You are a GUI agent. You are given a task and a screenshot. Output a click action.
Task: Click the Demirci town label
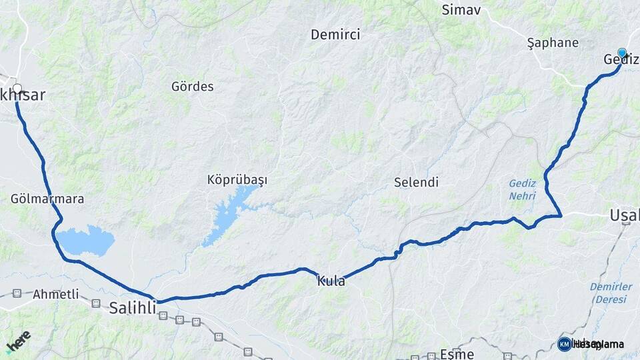[x=335, y=35]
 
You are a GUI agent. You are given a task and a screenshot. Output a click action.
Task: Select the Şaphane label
[x=553, y=43]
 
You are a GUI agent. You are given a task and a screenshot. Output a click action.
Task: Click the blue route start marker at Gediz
[x=622, y=53]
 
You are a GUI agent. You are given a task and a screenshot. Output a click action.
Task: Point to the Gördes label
[x=193, y=86]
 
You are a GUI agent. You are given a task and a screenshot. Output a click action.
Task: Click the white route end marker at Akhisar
[x=17, y=88]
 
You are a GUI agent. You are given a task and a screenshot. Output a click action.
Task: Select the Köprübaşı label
[x=237, y=180]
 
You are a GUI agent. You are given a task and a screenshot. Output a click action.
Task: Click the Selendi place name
[x=416, y=182]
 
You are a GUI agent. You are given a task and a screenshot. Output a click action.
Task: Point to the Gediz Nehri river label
[x=522, y=189]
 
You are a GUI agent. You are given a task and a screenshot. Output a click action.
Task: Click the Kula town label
[x=331, y=281]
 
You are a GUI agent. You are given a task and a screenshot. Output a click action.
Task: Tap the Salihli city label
[x=133, y=307]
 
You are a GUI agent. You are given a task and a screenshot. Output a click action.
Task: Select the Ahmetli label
[x=55, y=293]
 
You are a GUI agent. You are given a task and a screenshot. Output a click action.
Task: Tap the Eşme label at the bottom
[x=457, y=354]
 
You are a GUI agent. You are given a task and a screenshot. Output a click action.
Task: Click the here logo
[x=18, y=341]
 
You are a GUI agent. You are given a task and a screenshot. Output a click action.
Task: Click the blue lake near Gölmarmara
[x=85, y=240]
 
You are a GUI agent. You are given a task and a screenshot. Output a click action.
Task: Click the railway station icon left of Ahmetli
[x=17, y=293]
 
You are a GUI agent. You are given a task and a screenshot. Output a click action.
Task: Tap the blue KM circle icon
[x=564, y=344]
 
